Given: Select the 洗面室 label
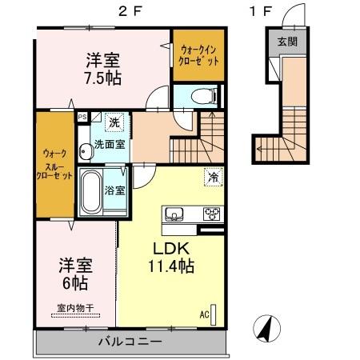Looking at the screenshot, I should point(110,145).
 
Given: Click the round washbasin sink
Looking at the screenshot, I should point(84,150).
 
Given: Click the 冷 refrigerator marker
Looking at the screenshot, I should point(213,177).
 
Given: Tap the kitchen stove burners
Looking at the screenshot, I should point(211,213).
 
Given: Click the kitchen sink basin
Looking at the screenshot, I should point(174,213).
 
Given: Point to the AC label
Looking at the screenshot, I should point(205,314).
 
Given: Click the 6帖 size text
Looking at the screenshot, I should point(77,284).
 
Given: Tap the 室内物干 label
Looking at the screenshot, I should point(76,307).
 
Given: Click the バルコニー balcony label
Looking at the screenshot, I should point(130,342).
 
